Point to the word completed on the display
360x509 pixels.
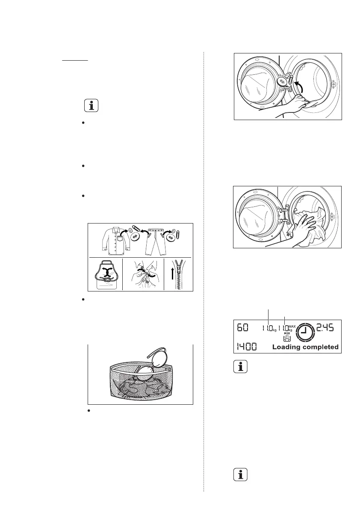[322, 347]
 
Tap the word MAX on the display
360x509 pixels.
[292, 325]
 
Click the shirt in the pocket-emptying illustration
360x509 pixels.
[113, 241]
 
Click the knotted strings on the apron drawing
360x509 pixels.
[106, 278]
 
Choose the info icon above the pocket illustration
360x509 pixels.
[91, 105]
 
